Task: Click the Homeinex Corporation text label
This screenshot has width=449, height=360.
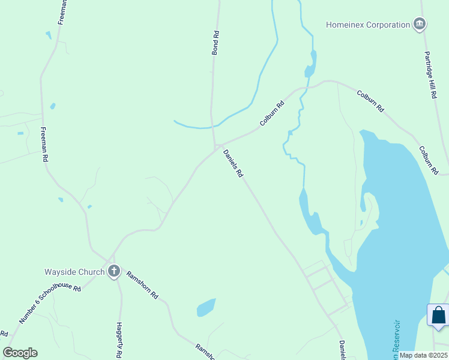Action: [x=367, y=25]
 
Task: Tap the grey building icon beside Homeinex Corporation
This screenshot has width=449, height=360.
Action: [x=420, y=25]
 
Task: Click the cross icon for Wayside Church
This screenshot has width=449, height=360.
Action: [x=114, y=272]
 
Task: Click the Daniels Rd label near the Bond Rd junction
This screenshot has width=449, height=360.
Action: [x=233, y=163]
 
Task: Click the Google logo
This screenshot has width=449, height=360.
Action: [x=20, y=353]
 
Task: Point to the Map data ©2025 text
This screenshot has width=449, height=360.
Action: [x=423, y=355]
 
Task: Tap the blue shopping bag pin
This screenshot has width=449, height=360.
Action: [x=439, y=316]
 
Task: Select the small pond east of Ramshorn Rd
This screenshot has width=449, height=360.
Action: [x=206, y=308]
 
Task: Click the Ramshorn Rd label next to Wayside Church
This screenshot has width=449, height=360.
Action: [x=142, y=285]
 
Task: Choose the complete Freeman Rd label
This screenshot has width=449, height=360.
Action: [x=44, y=145]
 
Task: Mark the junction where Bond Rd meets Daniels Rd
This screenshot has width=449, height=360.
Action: [x=215, y=145]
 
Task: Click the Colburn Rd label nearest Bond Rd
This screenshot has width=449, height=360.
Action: [x=271, y=113]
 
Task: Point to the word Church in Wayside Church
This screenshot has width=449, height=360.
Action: [x=92, y=272]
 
